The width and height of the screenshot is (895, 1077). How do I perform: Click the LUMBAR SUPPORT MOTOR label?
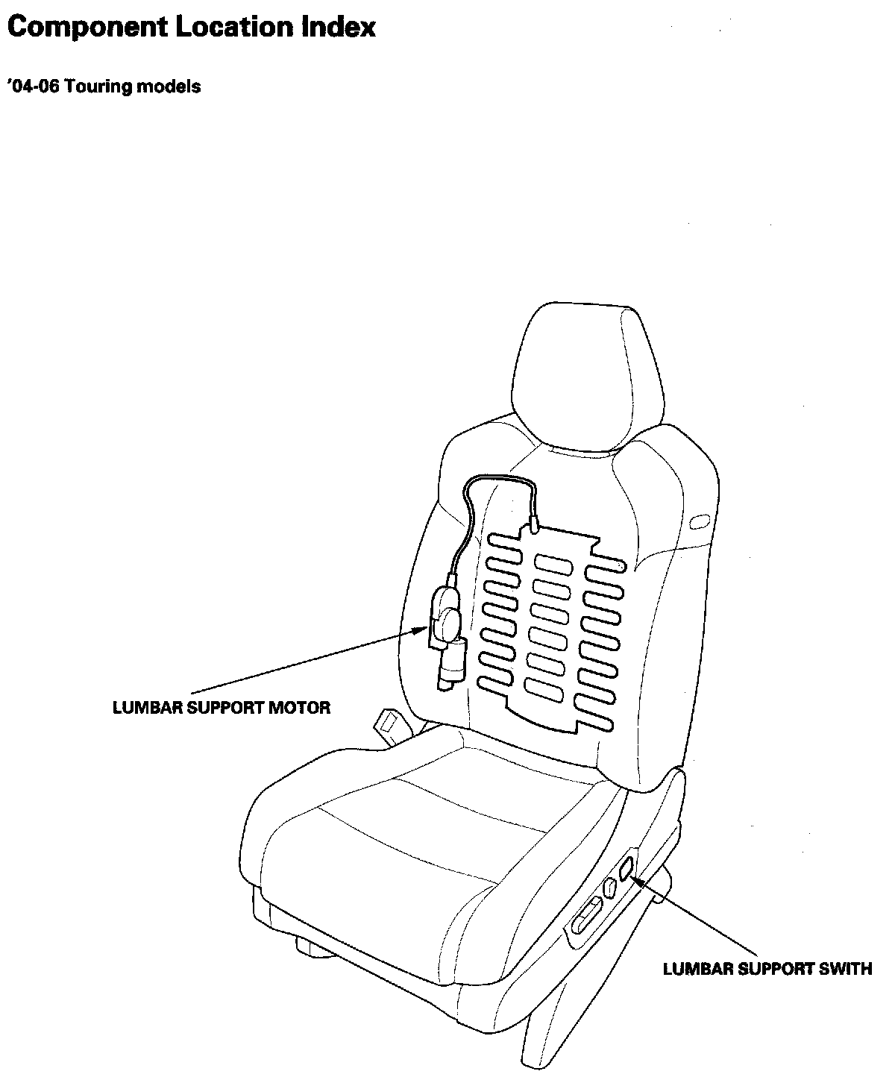pos(221,708)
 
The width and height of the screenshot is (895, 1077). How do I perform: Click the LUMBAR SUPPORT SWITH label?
pos(767,970)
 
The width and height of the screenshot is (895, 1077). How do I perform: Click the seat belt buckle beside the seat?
pos(389,723)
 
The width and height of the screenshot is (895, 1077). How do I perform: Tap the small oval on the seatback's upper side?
pos(700,522)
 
